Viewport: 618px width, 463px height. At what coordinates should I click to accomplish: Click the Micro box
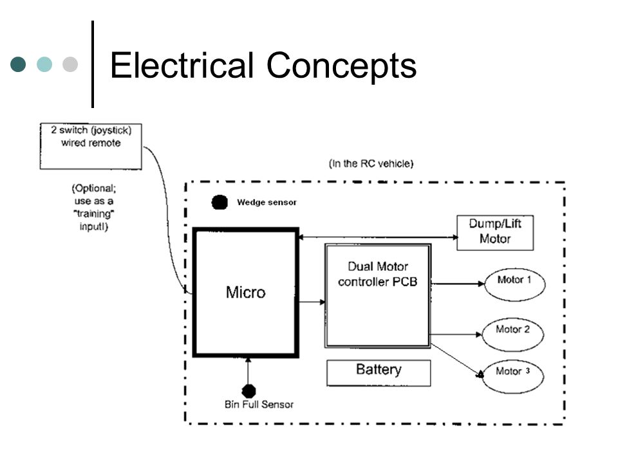coord(245,293)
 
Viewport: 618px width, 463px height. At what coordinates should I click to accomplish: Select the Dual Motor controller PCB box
coord(378,296)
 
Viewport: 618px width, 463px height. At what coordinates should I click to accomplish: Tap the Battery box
coord(379,372)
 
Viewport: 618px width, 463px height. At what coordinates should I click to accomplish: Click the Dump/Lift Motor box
coord(495,233)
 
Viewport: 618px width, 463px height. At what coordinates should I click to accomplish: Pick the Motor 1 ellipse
coord(514,284)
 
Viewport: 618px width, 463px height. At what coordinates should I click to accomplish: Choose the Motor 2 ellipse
coord(513,334)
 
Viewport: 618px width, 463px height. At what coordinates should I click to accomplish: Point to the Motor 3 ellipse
coord(513,376)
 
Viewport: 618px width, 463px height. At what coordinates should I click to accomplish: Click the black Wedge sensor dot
coord(220,203)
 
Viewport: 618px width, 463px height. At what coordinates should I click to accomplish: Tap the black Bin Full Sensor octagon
coord(248,391)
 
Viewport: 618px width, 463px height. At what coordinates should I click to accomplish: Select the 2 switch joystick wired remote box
coord(91,147)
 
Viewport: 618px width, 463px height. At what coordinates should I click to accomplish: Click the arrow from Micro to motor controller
coord(312,302)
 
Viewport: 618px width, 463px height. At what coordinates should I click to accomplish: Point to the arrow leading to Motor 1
coord(458,284)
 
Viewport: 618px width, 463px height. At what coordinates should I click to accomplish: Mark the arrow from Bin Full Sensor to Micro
coord(248,371)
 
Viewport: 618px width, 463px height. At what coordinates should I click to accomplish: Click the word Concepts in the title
coord(341,66)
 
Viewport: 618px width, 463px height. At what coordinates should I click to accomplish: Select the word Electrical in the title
coord(182,65)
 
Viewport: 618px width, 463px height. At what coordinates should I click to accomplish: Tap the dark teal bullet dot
coord(18,64)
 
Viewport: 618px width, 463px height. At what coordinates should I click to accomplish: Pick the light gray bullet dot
coord(70,64)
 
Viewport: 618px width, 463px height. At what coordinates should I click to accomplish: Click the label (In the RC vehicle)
coord(371,163)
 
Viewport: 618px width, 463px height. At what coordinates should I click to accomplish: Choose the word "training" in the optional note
coord(94,213)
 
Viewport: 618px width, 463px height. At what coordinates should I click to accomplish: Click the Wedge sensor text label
coord(267,203)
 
